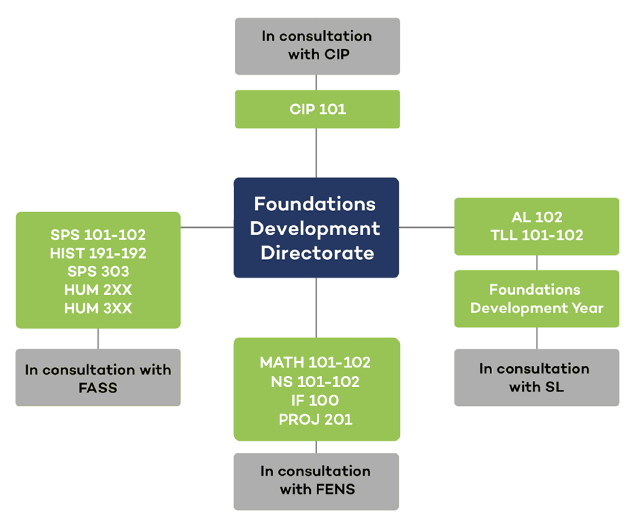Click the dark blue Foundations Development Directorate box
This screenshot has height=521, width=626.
click(x=316, y=228)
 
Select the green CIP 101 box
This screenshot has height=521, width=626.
click(x=317, y=109)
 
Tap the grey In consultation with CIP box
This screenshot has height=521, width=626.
click(x=317, y=46)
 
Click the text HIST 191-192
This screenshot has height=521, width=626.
click(x=98, y=253)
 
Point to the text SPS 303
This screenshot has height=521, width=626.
click(x=98, y=271)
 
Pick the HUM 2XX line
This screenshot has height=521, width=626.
click(x=98, y=290)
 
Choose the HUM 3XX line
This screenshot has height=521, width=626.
click(x=98, y=308)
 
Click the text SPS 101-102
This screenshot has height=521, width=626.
click(x=98, y=235)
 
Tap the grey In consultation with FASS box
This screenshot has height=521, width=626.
click(x=98, y=378)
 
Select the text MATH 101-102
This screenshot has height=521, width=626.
click(x=315, y=363)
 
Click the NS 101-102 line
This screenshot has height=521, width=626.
click(x=315, y=382)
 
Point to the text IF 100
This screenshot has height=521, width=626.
click(x=315, y=401)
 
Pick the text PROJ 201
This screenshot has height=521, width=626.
click(x=315, y=420)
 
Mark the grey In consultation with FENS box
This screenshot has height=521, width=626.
click(x=316, y=480)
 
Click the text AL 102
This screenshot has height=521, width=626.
click(x=537, y=218)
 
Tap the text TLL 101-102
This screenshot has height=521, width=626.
click(x=537, y=235)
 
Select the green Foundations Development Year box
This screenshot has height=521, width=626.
click(x=537, y=299)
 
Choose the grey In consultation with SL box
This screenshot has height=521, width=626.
click(x=537, y=377)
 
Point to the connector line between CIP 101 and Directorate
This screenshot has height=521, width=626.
click(x=316, y=153)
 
